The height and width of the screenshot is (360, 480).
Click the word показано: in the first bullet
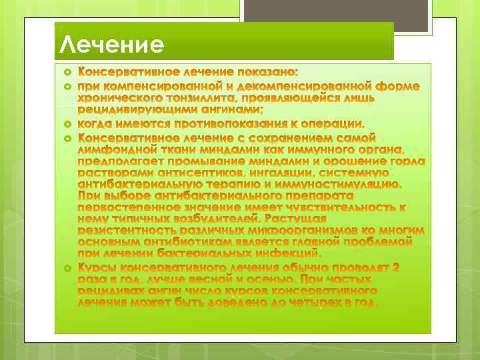(266, 71)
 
